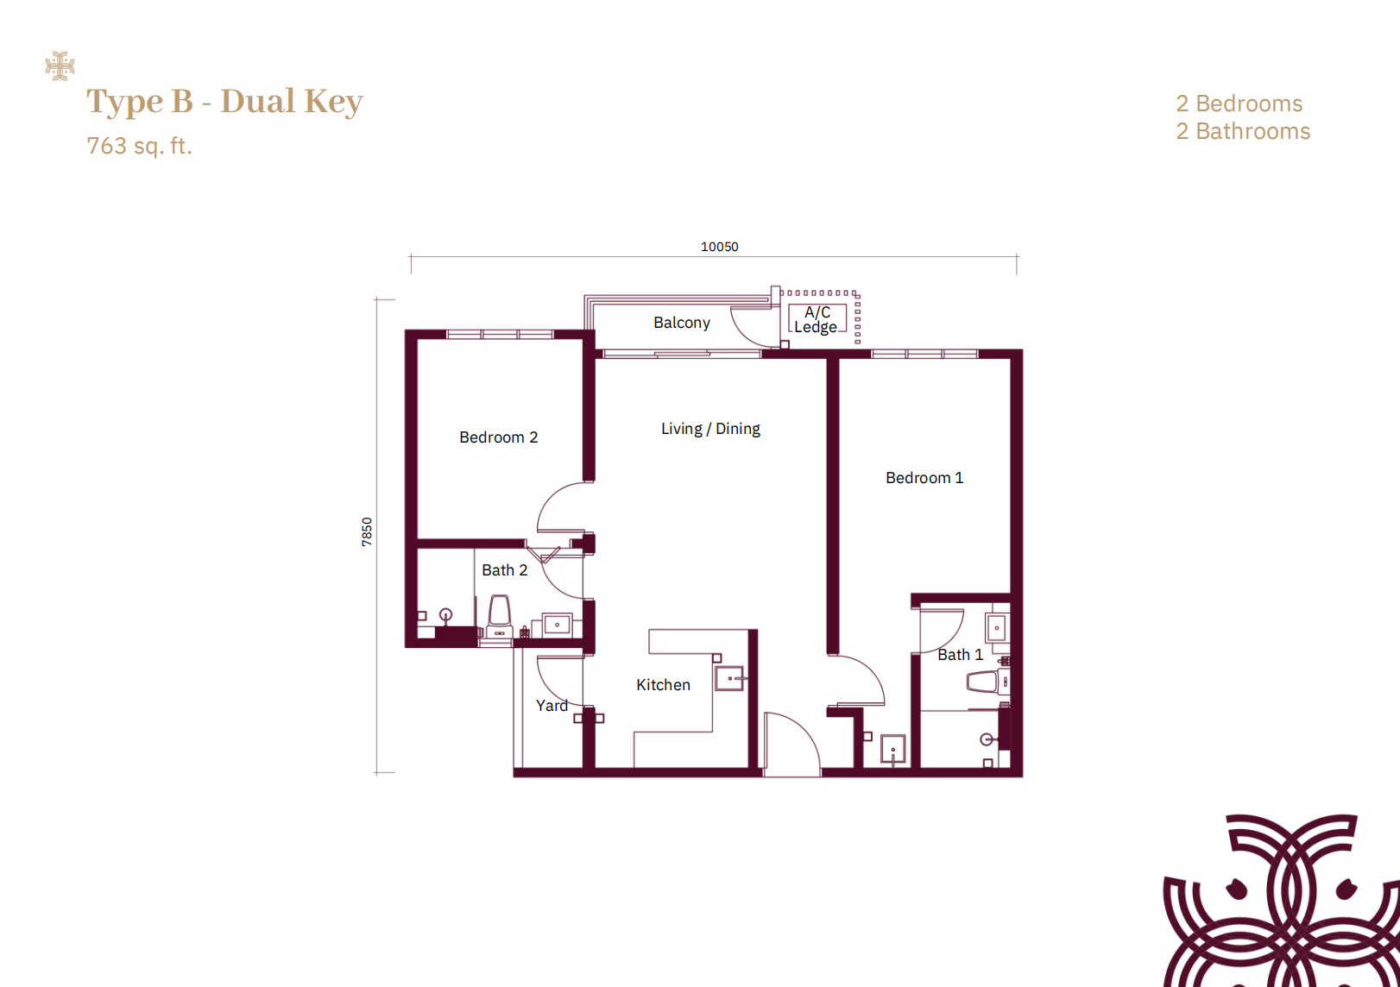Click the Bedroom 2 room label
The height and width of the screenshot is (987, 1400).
point(498,437)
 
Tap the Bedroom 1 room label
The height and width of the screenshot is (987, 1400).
point(924,478)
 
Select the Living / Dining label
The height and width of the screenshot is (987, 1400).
point(710,429)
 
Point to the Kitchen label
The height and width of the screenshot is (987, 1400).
point(663,685)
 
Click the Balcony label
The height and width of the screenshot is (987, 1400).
point(682,323)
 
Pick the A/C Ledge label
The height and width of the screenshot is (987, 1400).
point(817,319)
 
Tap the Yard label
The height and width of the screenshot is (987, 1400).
point(552,705)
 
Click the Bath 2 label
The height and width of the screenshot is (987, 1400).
point(504,570)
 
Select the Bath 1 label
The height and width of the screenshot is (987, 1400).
point(961,655)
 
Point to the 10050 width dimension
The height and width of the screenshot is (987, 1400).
point(719,247)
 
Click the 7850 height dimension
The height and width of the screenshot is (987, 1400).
point(367,531)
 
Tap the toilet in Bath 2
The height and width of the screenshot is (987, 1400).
point(500,616)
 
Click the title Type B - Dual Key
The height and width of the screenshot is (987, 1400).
point(224,101)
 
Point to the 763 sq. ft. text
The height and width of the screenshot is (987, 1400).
point(139,146)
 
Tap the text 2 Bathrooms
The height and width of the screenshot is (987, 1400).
point(1243,131)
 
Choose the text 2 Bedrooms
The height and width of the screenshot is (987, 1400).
point(1239,104)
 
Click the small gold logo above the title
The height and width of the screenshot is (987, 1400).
point(60,66)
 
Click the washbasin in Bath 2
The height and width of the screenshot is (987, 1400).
point(557,625)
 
